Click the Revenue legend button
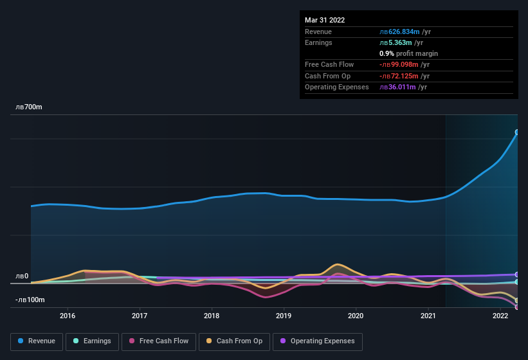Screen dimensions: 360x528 (x=37, y=341)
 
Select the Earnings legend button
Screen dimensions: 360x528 (x=92, y=341)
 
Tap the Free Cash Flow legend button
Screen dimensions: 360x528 (x=159, y=341)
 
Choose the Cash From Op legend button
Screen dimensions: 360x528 (x=233, y=341)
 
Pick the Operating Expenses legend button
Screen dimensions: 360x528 (x=317, y=341)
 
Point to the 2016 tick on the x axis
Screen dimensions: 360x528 (x=68, y=316)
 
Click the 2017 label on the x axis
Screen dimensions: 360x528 (x=140, y=316)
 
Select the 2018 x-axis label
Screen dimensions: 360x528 (x=212, y=316)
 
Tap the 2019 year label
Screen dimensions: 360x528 (x=284, y=316)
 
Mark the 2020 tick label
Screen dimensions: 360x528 (x=356, y=316)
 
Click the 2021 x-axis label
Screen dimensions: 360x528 (x=428, y=316)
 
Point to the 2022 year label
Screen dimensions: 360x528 (x=500, y=316)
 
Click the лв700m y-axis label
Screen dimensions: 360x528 (x=29, y=107)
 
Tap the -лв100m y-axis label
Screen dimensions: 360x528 (x=30, y=300)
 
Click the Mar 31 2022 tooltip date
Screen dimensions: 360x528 (x=325, y=20)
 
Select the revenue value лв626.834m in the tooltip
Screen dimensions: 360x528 (x=399, y=32)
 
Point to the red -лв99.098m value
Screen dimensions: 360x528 (x=399, y=65)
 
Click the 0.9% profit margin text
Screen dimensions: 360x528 (x=408, y=54)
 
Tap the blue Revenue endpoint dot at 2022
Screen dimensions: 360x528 (x=516, y=132)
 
